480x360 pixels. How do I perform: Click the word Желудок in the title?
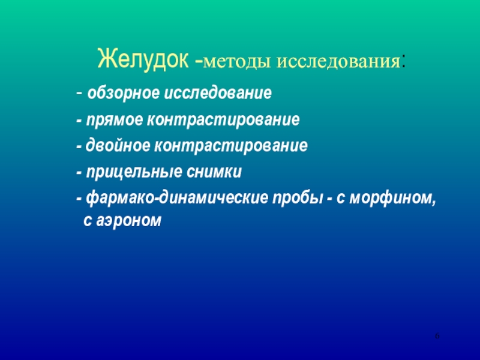point(143,59)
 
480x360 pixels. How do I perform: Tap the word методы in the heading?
point(236,62)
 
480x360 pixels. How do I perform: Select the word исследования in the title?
point(338,62)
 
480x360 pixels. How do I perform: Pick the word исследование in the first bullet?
point(218,93)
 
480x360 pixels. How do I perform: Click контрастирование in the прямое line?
point(223,119)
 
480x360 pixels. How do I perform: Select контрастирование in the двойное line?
point(231,146)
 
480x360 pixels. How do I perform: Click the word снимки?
point(214,172)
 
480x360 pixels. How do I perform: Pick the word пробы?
point(298,199)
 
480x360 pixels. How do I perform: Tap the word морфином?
point(392,199)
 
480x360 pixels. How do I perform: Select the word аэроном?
point(128,220)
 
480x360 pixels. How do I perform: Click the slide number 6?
point(437,336)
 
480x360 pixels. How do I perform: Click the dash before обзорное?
point(79,94)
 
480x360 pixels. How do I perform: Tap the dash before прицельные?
point(79,173)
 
